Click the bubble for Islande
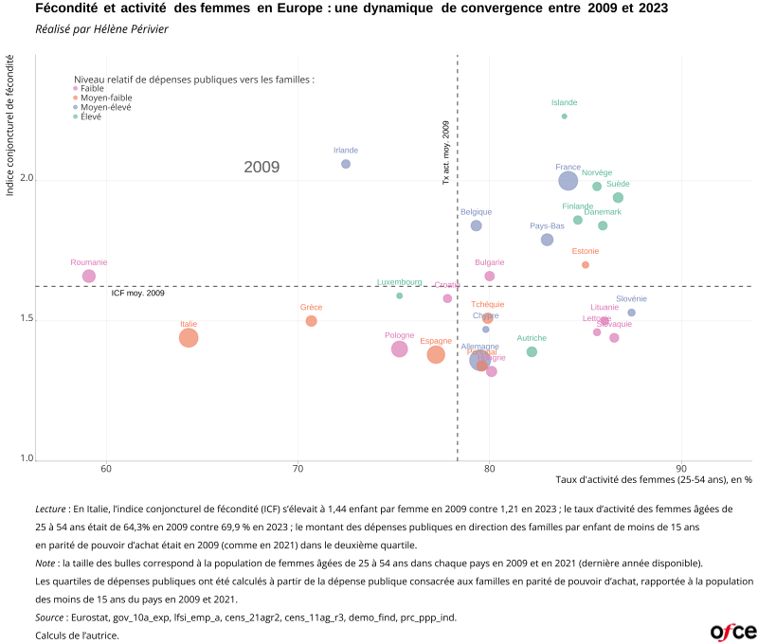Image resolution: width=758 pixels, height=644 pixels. pos(565,116)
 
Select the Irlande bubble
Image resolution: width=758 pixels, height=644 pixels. pos(346,164)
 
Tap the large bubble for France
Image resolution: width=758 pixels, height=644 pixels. pos(568,181)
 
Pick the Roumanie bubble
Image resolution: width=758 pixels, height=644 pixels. pos(89,276)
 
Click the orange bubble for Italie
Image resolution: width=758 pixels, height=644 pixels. pos(189,338)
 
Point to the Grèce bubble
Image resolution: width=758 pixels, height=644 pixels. pos(312,321)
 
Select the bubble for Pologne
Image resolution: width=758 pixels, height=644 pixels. pos(400,349)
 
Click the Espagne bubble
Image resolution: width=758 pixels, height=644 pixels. pos(436,355)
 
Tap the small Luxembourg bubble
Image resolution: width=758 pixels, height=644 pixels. pos(400,295)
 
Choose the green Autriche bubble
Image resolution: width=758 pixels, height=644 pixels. pos(532,351)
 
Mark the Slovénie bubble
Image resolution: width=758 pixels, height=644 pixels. pos(632,313)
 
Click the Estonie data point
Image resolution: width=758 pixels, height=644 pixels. pos(586,265)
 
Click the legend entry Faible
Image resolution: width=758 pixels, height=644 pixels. pos(92,88)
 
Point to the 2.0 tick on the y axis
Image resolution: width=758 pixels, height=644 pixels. pos(27,179)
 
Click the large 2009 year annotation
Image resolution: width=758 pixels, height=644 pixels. pos(262,168)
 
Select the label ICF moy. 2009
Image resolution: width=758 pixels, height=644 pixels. pos(138,294)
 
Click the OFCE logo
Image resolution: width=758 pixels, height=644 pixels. pos(732,631)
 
